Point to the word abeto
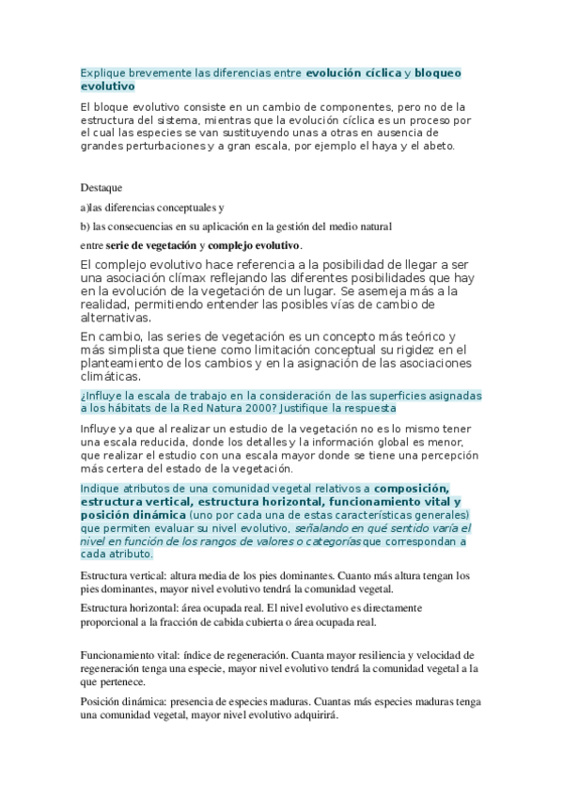[x=437, y=146]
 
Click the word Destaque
[x=102, y=187]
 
